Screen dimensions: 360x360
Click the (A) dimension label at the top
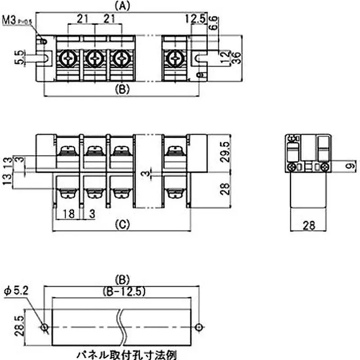122,6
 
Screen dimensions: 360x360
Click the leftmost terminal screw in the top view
69,58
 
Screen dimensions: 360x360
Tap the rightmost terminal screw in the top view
175,58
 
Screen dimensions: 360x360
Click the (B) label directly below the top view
122,89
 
